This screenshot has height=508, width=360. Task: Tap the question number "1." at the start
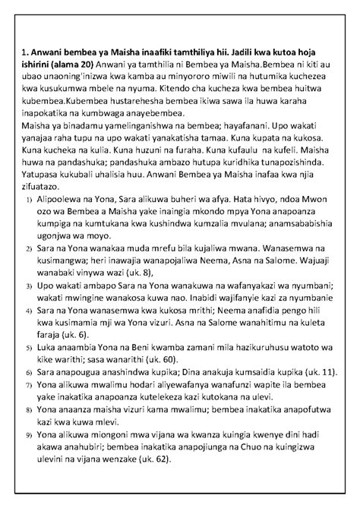(x=26, y=72)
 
